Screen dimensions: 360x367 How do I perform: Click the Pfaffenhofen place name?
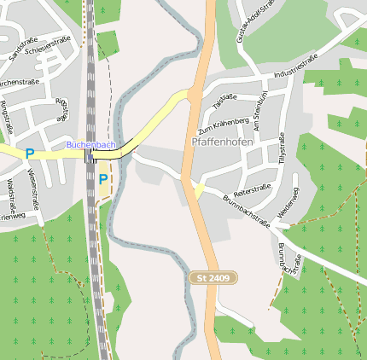tap(222, 142)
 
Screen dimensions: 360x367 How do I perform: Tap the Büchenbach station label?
tap(90, 145)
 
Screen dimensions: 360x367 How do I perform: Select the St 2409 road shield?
tap(213, 278)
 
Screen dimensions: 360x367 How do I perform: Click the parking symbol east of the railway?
tap(103, 179)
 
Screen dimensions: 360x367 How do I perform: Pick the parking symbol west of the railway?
tap(30, 154)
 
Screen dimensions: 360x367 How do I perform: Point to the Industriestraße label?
tap(295, 68)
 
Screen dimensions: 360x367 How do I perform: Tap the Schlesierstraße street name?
tap(48, 45)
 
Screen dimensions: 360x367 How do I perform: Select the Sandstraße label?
tap(18, 52)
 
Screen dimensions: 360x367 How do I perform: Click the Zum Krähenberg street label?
tap(223, 125)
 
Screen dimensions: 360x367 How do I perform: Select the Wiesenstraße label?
tap(36, 188)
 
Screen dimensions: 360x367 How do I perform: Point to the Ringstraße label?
tap(8, 116)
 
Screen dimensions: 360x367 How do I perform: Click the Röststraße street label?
tap(61, 108)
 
